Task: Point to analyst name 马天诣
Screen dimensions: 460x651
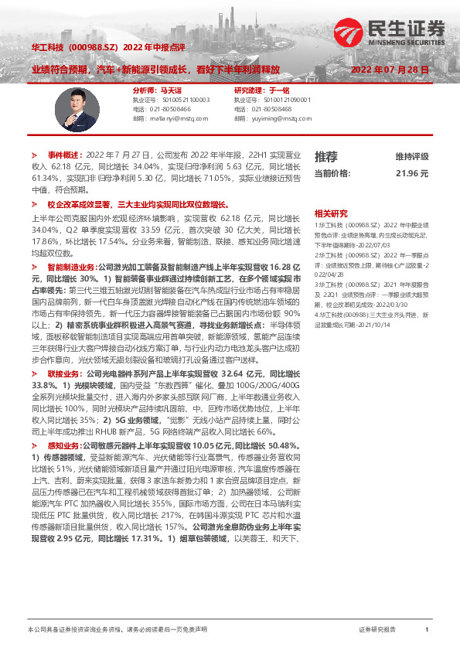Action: point(169,90)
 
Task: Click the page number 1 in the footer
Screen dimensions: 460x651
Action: point(427,630)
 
